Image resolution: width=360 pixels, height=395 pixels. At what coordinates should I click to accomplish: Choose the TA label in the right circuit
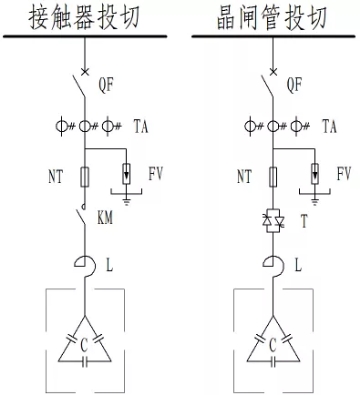click(x=331, y=128)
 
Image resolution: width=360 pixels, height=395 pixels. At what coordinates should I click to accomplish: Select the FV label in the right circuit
click(x=344, y=175)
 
